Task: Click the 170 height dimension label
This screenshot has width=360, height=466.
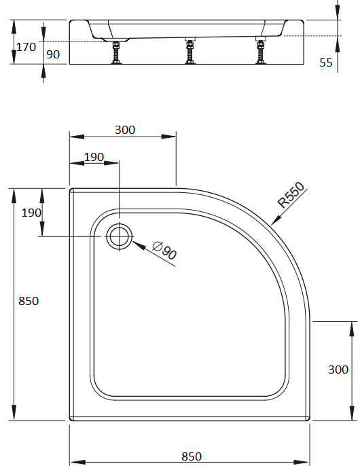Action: [26, 47]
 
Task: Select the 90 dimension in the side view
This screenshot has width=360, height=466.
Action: [53, 54]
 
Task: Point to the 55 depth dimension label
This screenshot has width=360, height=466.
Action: [326, 62]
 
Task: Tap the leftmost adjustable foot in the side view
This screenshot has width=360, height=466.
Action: [116, 52]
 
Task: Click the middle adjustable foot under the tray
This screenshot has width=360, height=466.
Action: [190, 51]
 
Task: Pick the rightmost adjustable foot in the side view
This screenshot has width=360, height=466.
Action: [260, 51]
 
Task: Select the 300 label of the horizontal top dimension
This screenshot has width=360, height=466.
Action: [125, 130]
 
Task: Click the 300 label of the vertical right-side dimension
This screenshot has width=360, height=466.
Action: [338, 370]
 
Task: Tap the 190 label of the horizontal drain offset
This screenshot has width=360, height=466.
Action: [94, 157]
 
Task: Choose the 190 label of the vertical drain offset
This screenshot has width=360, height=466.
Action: [31, 213]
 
